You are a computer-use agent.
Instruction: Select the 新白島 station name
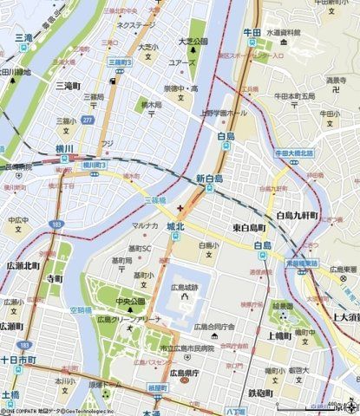coord(211,179)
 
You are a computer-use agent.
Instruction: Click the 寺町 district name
coord(55,279)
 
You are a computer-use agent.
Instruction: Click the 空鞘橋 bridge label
coord(80,309)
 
